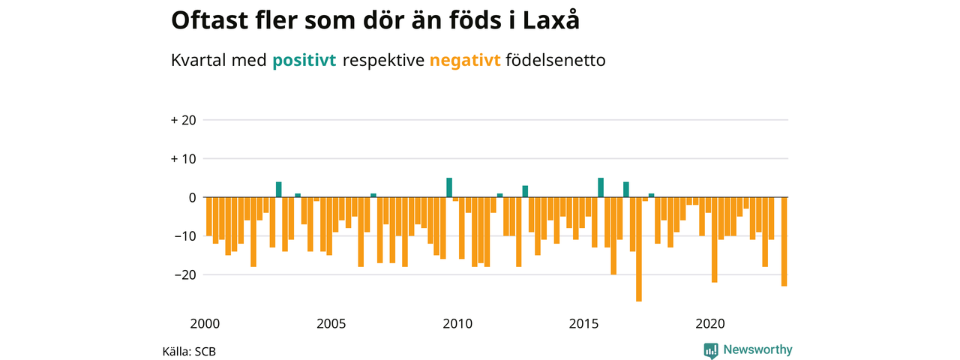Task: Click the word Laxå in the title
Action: point(550,19)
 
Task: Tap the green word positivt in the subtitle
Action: point(304,61)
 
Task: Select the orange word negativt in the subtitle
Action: point(465,61)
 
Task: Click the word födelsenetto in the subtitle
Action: point(556,60)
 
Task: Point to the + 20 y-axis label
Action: point(184,121)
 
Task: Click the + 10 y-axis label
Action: point(184,159)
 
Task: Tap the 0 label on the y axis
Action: point(193,197)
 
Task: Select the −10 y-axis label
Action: point(185,236)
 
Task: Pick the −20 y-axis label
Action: point(185,274)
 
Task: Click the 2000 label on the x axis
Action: point(205,323)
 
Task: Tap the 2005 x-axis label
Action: point(331,323)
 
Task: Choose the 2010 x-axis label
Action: point(457,323)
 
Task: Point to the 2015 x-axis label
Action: point(583,323)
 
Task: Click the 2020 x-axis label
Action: point(710,323)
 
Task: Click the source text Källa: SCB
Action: point(189,352)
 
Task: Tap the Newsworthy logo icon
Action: point(711,350)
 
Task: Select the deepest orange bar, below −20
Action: point(639,250)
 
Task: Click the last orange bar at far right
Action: point(784,241)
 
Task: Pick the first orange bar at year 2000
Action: point(209,217)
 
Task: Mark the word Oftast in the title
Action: point(209,19)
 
